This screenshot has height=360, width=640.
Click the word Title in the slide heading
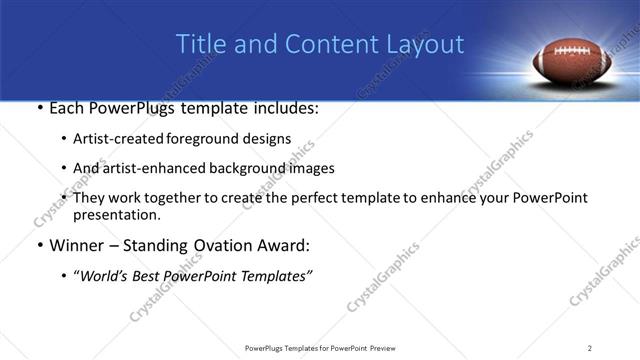tap(199, 45)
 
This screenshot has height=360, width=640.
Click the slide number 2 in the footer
tap(590, 347)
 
